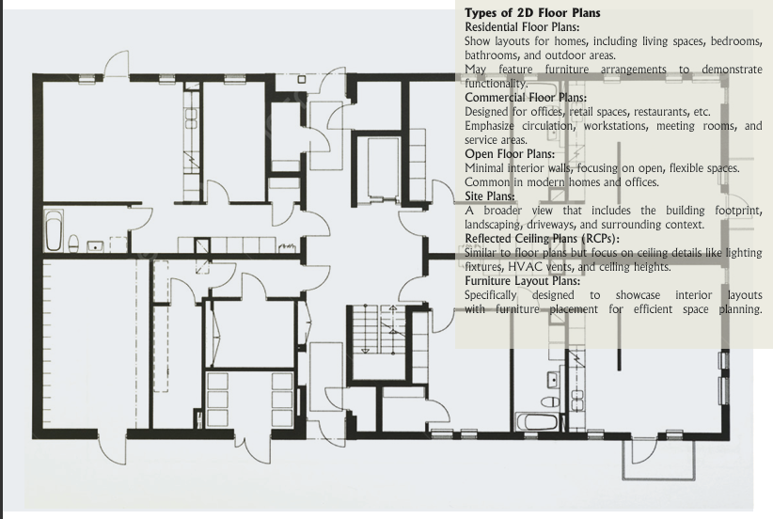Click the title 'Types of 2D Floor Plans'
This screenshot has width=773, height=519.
point(532,13)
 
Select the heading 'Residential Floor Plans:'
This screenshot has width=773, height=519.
point(522,27)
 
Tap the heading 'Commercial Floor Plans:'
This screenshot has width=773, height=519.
point(526,98)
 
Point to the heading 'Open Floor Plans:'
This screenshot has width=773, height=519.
point(510,154)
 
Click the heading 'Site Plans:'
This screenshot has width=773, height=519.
point(490,197)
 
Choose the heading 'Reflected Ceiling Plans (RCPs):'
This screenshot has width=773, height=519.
point(542,239)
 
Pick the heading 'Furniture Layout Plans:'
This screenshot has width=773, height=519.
point(523,281)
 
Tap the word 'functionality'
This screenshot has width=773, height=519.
point(496,84)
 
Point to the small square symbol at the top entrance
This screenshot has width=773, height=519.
point(302,79)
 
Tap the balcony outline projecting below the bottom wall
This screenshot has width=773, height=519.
point(659,477)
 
